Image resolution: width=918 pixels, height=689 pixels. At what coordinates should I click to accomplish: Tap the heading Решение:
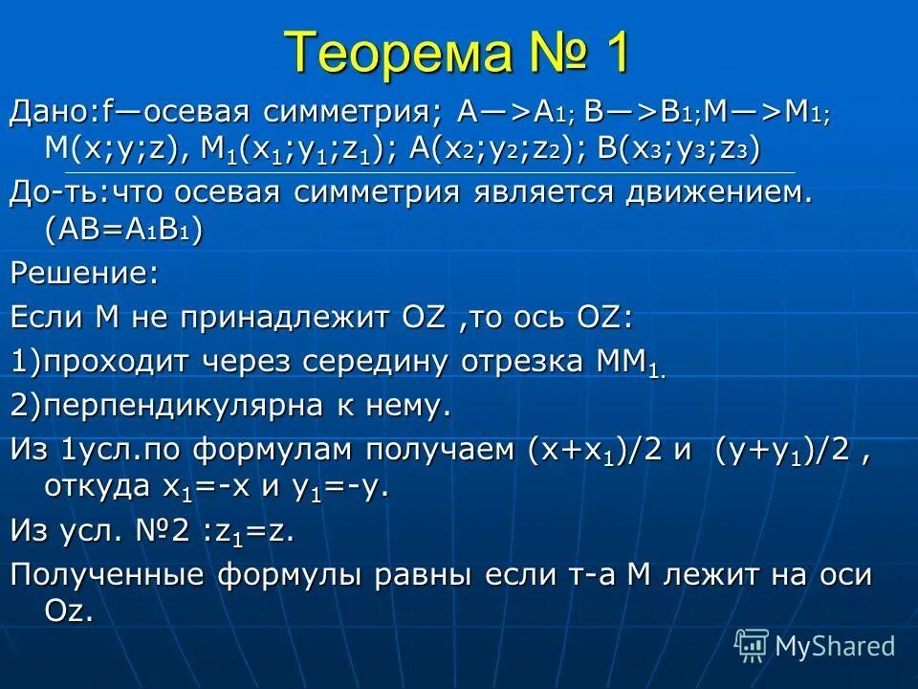[84, 275]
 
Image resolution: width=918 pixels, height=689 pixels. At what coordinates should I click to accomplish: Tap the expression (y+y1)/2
[784, 449]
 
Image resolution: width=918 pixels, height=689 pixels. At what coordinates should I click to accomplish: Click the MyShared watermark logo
[814, 645]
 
